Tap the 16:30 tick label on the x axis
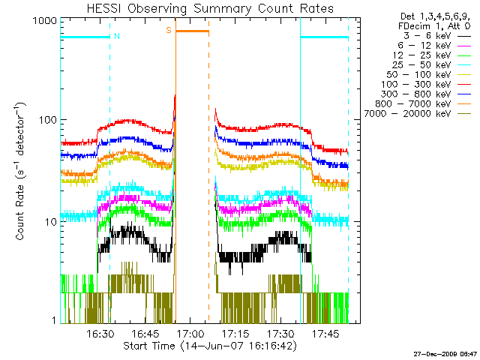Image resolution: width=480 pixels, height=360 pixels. point(100,334)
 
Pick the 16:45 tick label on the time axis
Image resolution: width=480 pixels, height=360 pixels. point(145,334)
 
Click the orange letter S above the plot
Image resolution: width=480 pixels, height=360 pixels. point(169,30)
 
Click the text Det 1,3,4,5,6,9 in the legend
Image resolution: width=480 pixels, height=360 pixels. point(428,16)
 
